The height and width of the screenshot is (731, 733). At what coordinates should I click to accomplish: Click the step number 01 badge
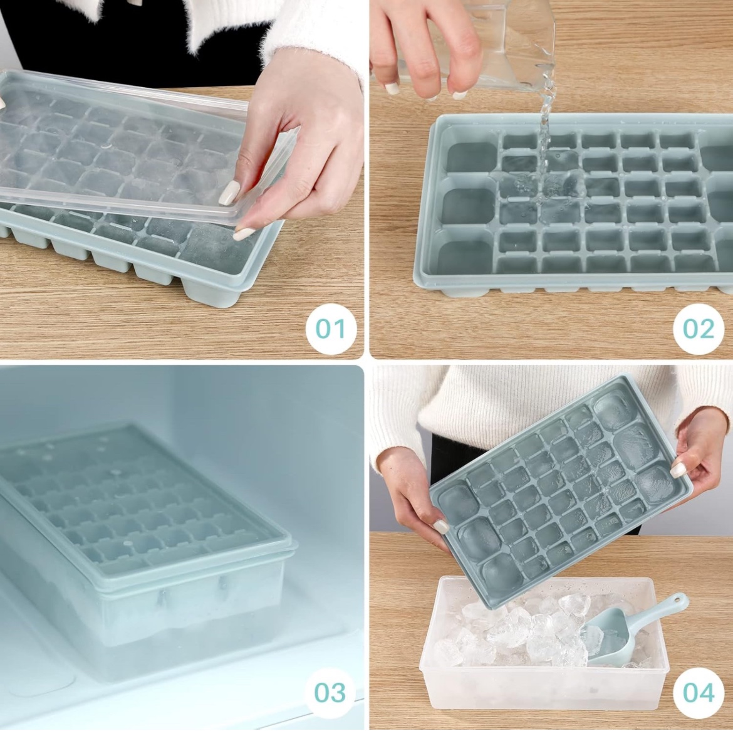pyautogui.click(x=330, y=329)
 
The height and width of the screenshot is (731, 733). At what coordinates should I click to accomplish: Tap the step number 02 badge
pyautogui.click(x=698, y=329)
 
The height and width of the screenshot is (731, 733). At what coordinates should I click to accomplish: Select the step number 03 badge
pyautogui.click(x=330, y=693)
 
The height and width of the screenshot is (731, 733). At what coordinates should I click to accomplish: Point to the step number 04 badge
pyautogui.click(x=698, y=693)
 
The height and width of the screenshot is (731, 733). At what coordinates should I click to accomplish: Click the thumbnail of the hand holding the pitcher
pyautogui.click(x=392, y=88)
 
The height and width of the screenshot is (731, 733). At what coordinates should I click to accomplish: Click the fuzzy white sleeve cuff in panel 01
pyautogui.click(x=313, y=44)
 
